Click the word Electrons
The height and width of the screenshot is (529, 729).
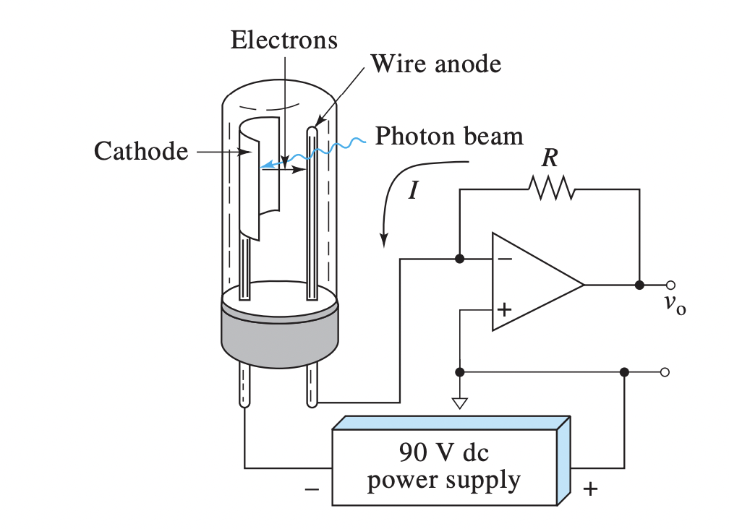[x=283, y=40]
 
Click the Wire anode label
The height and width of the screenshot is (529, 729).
[x=435, y=64]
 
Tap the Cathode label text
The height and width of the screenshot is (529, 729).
[x=141, y=151]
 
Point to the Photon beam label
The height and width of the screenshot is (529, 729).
[x=448, y=135]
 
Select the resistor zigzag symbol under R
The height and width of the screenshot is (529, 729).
[x=551, y=189]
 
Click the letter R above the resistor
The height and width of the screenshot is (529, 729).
[x=550, y=160]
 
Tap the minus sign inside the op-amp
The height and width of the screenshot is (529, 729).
[x=505, y=258]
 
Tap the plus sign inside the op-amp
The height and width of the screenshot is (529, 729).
[x=504, y=310]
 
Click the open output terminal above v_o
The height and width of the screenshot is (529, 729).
[x=670, y=285]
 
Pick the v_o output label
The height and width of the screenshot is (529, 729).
[x=675, y=304]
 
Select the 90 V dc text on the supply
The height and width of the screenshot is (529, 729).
[x=444, y=452]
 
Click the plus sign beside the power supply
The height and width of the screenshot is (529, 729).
[x=590, y=489]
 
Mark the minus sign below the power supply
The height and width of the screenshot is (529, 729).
[x=312, y=489]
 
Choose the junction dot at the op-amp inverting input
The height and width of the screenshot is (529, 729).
[x=459, y=258]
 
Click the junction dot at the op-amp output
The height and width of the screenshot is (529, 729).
[x=639, y=285]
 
